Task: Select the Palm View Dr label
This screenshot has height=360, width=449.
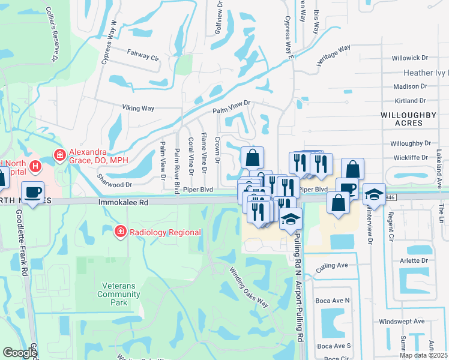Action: coord(231,107)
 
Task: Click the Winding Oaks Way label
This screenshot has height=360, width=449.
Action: coord(249,288)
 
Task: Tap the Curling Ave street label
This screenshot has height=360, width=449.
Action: coord(333,265)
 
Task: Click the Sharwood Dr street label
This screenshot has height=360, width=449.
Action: coord(114,185)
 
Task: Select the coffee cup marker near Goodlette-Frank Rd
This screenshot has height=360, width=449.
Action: coord(34,194)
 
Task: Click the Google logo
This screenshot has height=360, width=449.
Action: coord(20,353)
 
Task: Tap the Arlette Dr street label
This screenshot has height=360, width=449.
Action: coord(411,260)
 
